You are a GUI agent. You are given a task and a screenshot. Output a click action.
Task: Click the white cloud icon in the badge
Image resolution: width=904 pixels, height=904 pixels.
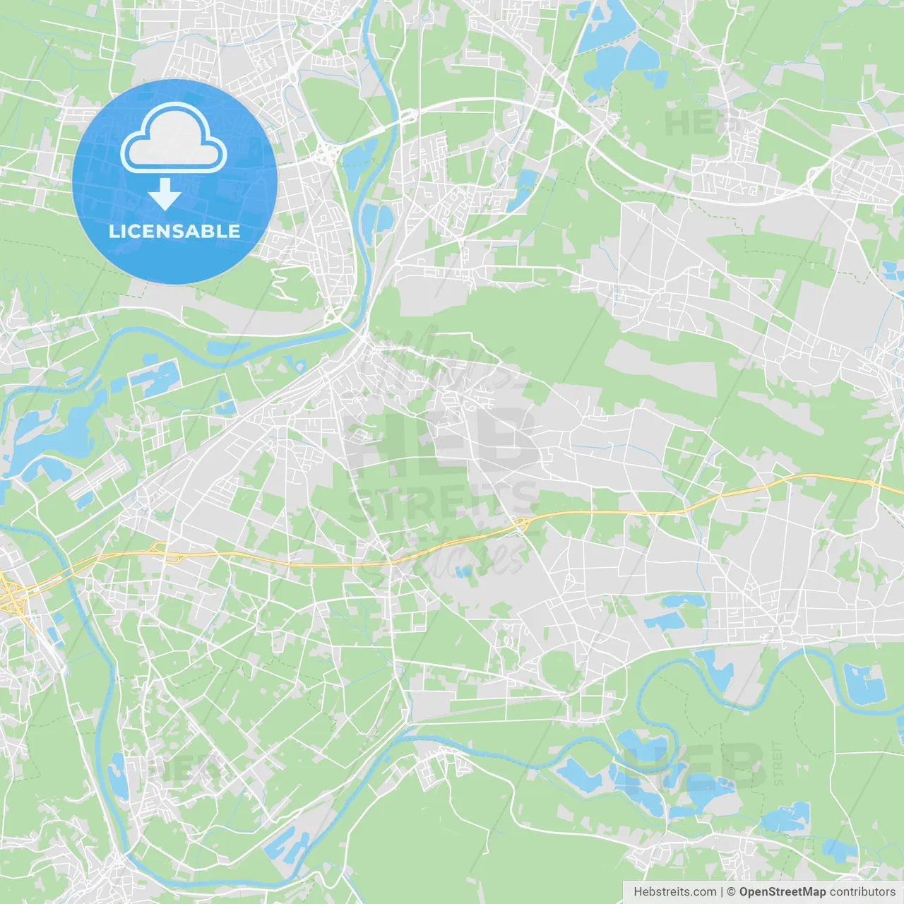coord(174,138)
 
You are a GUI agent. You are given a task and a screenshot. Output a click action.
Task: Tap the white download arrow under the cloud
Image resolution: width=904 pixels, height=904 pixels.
coord(165,195)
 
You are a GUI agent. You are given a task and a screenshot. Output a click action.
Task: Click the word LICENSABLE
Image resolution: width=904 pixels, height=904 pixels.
coord(174,231)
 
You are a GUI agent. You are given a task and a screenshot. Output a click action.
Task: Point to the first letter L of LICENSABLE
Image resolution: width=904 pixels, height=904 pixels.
coord(113,231)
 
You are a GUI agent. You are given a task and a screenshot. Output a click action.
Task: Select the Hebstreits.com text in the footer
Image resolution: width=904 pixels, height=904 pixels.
coord(674,892)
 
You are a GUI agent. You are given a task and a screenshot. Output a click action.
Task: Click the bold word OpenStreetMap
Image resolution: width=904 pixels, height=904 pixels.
coord(783,892)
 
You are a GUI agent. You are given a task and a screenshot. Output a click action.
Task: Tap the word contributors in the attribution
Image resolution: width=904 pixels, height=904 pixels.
coord(862,892)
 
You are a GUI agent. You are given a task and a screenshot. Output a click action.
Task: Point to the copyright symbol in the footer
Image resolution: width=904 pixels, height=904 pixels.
coord(732,892)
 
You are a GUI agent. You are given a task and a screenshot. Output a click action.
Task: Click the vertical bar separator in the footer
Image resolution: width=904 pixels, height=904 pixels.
coord(722,892)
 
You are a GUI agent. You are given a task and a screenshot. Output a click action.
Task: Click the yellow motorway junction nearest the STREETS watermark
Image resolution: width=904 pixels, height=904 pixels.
coord(522,523)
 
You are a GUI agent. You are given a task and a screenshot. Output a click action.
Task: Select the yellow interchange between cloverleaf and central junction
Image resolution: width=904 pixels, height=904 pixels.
coord(164,550)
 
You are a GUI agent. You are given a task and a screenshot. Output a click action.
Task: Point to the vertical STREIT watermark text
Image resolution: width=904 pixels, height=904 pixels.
coord(778,763)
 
